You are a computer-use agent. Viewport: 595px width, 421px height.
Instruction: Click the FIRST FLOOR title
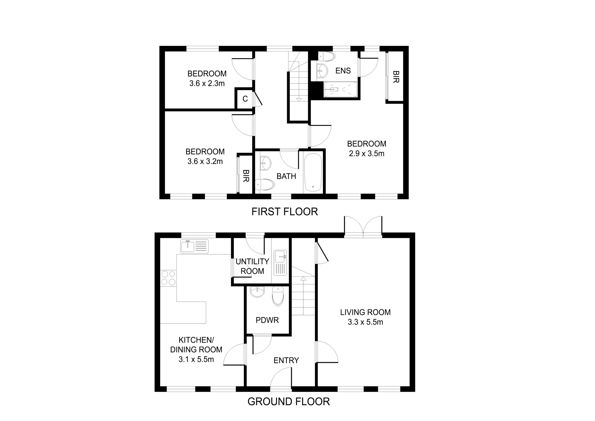coord(285,212)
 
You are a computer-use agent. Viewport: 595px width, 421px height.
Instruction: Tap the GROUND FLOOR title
coord(288,401)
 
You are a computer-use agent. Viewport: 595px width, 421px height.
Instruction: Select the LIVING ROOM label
coord(365,312)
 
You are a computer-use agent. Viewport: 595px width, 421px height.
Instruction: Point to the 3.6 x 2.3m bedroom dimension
coord(207,83)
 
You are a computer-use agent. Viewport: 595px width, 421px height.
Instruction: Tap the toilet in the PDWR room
coord(278,296)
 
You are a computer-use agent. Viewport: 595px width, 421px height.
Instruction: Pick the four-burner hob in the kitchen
coord(168,278)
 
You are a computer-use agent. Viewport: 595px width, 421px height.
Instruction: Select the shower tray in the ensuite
coord(340,89)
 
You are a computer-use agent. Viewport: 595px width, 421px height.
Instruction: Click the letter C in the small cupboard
coord(245,99)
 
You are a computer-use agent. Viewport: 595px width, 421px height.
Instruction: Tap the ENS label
coord(343,71)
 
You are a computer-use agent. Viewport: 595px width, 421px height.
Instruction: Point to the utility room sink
coord(280,263)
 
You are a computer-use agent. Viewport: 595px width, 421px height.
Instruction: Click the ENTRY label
coord(286,360)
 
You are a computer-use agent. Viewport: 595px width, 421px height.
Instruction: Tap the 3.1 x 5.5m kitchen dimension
coord(196,359)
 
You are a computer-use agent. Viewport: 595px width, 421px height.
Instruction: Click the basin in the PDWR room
coord(257,292)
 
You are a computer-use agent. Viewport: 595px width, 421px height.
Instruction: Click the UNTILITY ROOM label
coord(252,266)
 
